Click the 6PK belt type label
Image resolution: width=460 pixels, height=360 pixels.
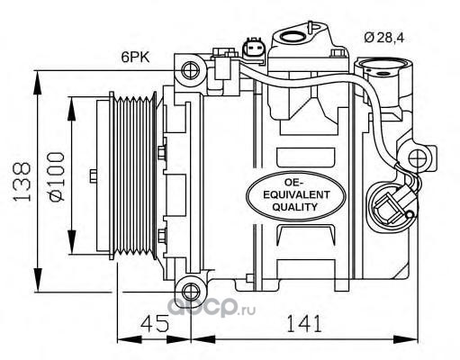135,57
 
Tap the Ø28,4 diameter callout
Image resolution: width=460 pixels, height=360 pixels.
384,37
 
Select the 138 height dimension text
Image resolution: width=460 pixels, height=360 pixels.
22,182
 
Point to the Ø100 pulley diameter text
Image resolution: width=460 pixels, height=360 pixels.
56,176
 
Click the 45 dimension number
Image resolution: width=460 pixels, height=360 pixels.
155,324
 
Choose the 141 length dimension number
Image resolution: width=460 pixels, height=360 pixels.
304,324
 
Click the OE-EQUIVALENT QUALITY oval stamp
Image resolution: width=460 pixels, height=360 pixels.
296,195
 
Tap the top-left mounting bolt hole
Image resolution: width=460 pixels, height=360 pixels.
191,70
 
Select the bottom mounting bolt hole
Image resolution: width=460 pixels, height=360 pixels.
191,292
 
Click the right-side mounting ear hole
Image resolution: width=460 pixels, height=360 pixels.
418,157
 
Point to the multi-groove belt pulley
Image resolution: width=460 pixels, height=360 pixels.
133,175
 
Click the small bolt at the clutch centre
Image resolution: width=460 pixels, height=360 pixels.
94,175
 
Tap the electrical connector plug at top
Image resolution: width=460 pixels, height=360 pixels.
254,49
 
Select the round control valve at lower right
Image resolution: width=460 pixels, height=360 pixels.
391,208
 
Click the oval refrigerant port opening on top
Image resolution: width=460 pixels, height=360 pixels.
293,37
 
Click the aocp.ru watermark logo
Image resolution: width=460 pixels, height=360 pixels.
211,307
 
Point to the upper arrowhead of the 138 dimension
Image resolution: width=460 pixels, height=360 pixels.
38,83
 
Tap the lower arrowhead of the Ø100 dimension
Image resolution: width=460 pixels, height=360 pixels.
72,242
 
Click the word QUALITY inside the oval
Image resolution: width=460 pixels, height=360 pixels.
294,207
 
